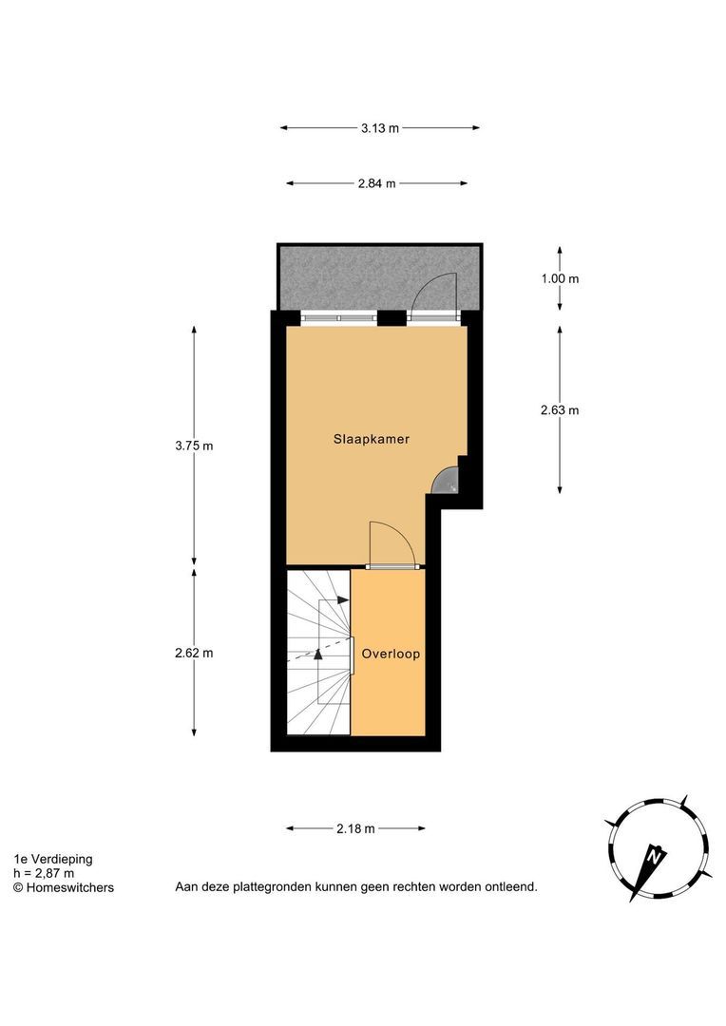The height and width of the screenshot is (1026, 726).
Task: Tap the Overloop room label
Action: coord(390,654)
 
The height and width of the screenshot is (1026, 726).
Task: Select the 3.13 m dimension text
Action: coord(379,128)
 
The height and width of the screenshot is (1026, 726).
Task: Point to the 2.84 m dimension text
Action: coord(376,183)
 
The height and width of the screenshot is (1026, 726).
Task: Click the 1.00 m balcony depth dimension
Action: coord(559,278)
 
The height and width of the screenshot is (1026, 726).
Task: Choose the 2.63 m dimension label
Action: coord(559,410)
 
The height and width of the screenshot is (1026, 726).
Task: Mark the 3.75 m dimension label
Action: coord(194,446)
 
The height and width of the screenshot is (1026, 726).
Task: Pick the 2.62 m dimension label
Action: coord(194,653)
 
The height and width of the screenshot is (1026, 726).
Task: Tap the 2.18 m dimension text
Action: coord(355,828)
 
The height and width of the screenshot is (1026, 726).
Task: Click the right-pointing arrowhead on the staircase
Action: coord(343,600)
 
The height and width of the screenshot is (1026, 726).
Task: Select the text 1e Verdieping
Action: coord(53,859)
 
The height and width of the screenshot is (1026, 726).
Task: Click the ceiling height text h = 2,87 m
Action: coord(44,873)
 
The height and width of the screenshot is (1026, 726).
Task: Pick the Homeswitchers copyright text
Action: coord(63,887)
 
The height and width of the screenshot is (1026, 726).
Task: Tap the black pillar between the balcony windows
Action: coord(390,317)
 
